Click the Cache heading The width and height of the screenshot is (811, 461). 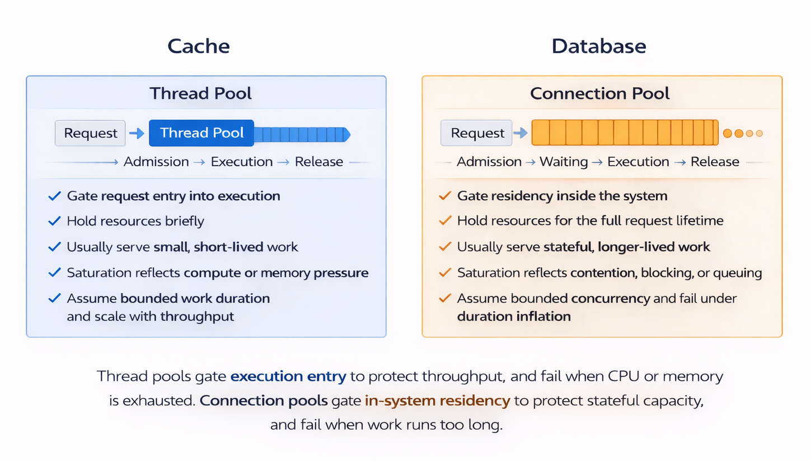[x=199, y=46]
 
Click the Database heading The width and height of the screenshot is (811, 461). [x=599, y=46]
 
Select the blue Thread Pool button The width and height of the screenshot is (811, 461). [x=201, y=133]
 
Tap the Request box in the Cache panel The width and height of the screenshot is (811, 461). [x=91, y=133]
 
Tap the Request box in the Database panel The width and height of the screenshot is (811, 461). [x=477, y=133]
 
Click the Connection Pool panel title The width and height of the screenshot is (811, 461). [x=600, y=93]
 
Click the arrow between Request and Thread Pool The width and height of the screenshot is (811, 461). [x=137, y=133]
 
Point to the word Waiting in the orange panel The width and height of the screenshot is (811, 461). [x=564, y=162]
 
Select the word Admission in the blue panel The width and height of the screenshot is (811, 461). [x=156, y=162]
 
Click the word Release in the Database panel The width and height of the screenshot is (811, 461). [x=715, y=162]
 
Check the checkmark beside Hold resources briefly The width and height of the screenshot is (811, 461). [x=54, y=221]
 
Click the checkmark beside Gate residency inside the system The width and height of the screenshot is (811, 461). [x=445, y=196]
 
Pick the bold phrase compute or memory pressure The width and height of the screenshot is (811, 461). [x=276, y=274]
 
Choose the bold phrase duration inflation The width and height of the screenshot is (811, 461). [x=514, y=317]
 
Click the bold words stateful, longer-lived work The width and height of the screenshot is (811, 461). [x=627, y=247]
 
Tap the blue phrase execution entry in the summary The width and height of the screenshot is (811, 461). [x=288, y=377]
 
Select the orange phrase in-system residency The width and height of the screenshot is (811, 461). [x=437, y=401]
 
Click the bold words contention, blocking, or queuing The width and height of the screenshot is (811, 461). [x=666, y=274]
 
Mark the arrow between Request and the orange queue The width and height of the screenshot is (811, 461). [x=521, y=133]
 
